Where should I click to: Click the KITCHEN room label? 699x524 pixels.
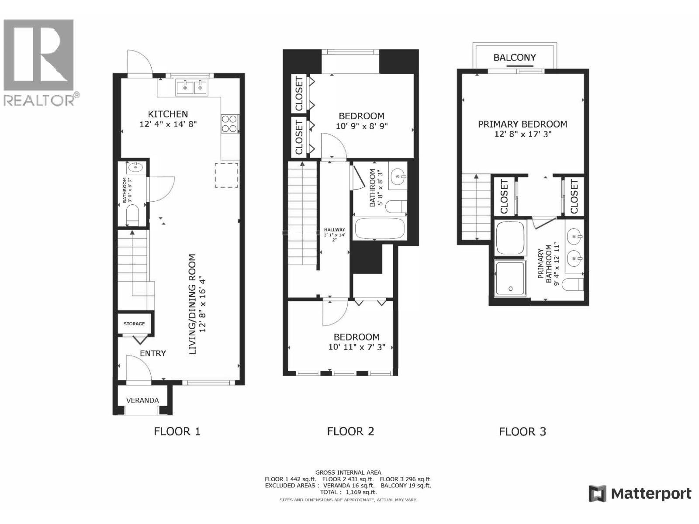pyautogui.click(x=168, y=114)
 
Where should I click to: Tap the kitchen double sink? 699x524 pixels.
pyautogui.click(x=193, y=87)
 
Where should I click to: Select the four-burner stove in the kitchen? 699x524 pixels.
pyautogui.click(x=230, y=123)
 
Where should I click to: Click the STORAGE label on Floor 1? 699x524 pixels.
pyautogui.click(x=134, y=324)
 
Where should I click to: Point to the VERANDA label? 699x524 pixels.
pyautogui.click(x=142, y=400)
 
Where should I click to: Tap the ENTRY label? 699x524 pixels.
pyautogui.click(x=152, y=353)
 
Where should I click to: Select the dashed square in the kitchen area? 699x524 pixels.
pyautogui.click(x=226, y=175)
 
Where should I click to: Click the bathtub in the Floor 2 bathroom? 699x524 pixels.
pyautogui.click(x=379, y=228)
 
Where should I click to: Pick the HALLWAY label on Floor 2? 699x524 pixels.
pyautogui.click(x=335, y=230)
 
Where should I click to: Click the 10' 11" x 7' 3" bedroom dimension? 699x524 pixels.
pyautogui.click(x=356, y=347)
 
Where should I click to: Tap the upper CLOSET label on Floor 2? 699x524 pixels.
pyautogui.click(x=299, y=93)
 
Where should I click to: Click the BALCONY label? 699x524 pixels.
pyautogui.click(x=514, y=57)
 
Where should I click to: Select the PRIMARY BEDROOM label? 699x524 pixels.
pyautogui.click(x=523, y=124)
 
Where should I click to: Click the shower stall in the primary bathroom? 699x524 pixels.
pyautogui.click(x=510, y=278)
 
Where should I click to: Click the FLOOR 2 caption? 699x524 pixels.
pyautogui.click(x=350, y=431)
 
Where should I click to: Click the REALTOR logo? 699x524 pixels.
pyautogui.click(x=40, y=61)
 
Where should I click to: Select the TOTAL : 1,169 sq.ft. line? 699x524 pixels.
pyautogui.click(x=348, y=492)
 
